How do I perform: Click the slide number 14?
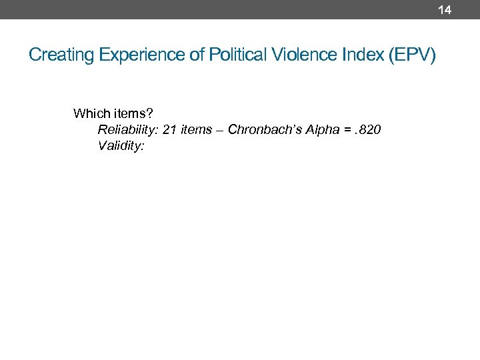point(445,9)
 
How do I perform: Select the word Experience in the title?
point(142,55)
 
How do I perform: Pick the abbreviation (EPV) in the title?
point(413,55)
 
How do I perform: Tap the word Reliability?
point(128,129)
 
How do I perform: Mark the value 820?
point(369,129)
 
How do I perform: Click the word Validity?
point(121,145)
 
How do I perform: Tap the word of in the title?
point(197,55)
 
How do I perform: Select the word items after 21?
point(196,129)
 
